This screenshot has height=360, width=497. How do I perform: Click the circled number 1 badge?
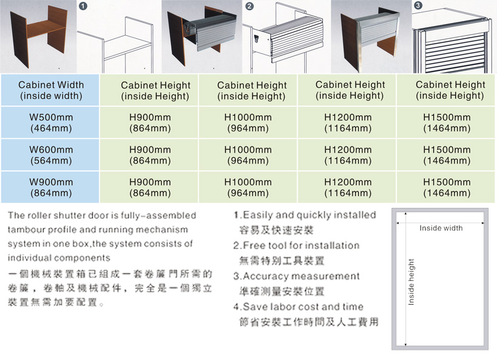[x=83, y=6]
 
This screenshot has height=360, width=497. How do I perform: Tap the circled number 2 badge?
[x=250, y=6]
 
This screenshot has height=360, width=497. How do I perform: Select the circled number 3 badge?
[x=418, y=5]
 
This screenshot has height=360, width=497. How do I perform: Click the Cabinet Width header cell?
[x=50, y=90]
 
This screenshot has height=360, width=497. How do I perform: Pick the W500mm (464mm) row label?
[x=50, y=122]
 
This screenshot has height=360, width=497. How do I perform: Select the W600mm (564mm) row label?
[x=50, y=155]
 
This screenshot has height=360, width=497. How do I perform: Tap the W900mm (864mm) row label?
[x=50, y=187]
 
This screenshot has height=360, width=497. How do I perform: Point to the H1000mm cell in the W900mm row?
[x=248, y=187]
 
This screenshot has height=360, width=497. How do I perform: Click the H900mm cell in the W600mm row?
[x=149, y=155]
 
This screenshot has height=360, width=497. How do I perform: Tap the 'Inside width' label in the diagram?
[x=441, y=228]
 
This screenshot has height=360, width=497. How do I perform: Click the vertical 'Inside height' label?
[x=411, y=282]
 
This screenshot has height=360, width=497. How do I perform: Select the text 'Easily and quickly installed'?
[x=309, y=215]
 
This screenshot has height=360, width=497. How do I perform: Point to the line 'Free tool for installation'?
[x=301, y=245]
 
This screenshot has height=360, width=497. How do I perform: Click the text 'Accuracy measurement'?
[x=301, y=276]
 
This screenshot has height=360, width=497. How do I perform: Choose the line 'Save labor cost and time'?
[x=303, y=307]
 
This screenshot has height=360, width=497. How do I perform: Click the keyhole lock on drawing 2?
[x=256, y=39]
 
